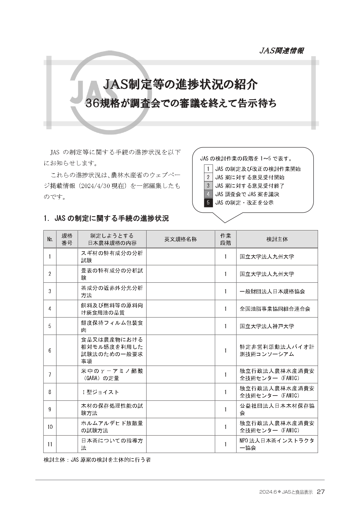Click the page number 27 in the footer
321,492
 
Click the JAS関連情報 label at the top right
281,51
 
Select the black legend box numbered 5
208,203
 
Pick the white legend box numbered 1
208,169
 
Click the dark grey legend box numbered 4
208,194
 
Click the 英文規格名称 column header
180,239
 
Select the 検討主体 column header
277,239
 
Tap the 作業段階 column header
225,239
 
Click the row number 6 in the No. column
50,350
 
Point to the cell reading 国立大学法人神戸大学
267,326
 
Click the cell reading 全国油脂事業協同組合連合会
275,309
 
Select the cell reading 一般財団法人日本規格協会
272,291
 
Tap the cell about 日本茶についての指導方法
112,444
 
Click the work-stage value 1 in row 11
225,444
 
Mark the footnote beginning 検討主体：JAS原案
97,460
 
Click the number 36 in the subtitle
92,104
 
